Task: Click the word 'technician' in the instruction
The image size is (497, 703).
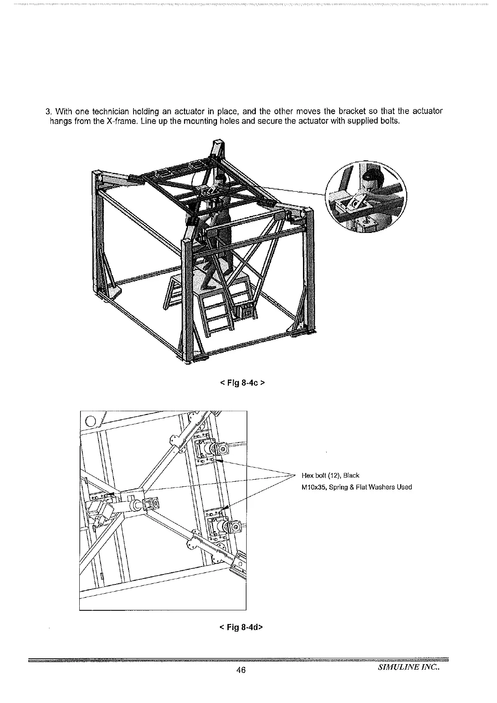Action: [x=110, y=111]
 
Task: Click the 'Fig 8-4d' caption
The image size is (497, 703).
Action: [x=241, y=627]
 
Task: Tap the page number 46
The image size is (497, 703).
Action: [x=240, y=670]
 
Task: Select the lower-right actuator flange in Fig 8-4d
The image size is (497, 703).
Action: [x=235, y=526]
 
